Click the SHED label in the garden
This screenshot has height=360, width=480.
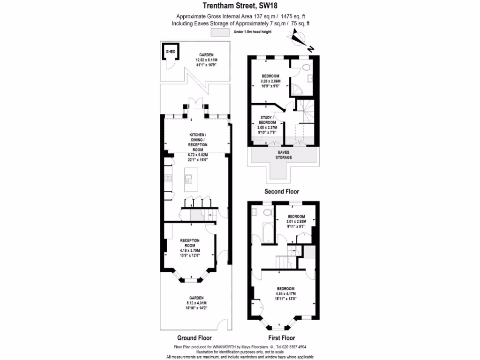[x=170, y=51]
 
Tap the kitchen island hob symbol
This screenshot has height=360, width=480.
[x=189, y=180]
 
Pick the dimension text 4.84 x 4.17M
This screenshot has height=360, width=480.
[x=285, y=293]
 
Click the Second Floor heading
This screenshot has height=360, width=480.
[x=281, y=191]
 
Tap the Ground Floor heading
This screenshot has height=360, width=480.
[x=194, y=337]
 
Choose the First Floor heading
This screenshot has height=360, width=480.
[x=281, y=337]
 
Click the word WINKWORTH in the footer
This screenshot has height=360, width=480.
[x=226, y=347]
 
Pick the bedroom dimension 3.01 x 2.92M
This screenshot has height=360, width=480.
[x=296, y=222]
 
